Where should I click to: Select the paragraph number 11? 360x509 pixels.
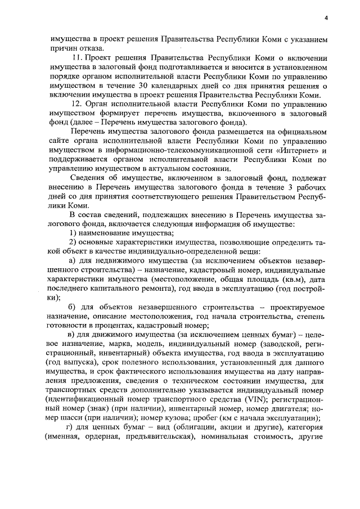point(78,58)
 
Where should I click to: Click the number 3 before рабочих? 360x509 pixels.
point(292,187)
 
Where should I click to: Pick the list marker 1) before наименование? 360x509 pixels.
point(73,233)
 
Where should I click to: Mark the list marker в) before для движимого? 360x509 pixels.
point(72,335)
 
